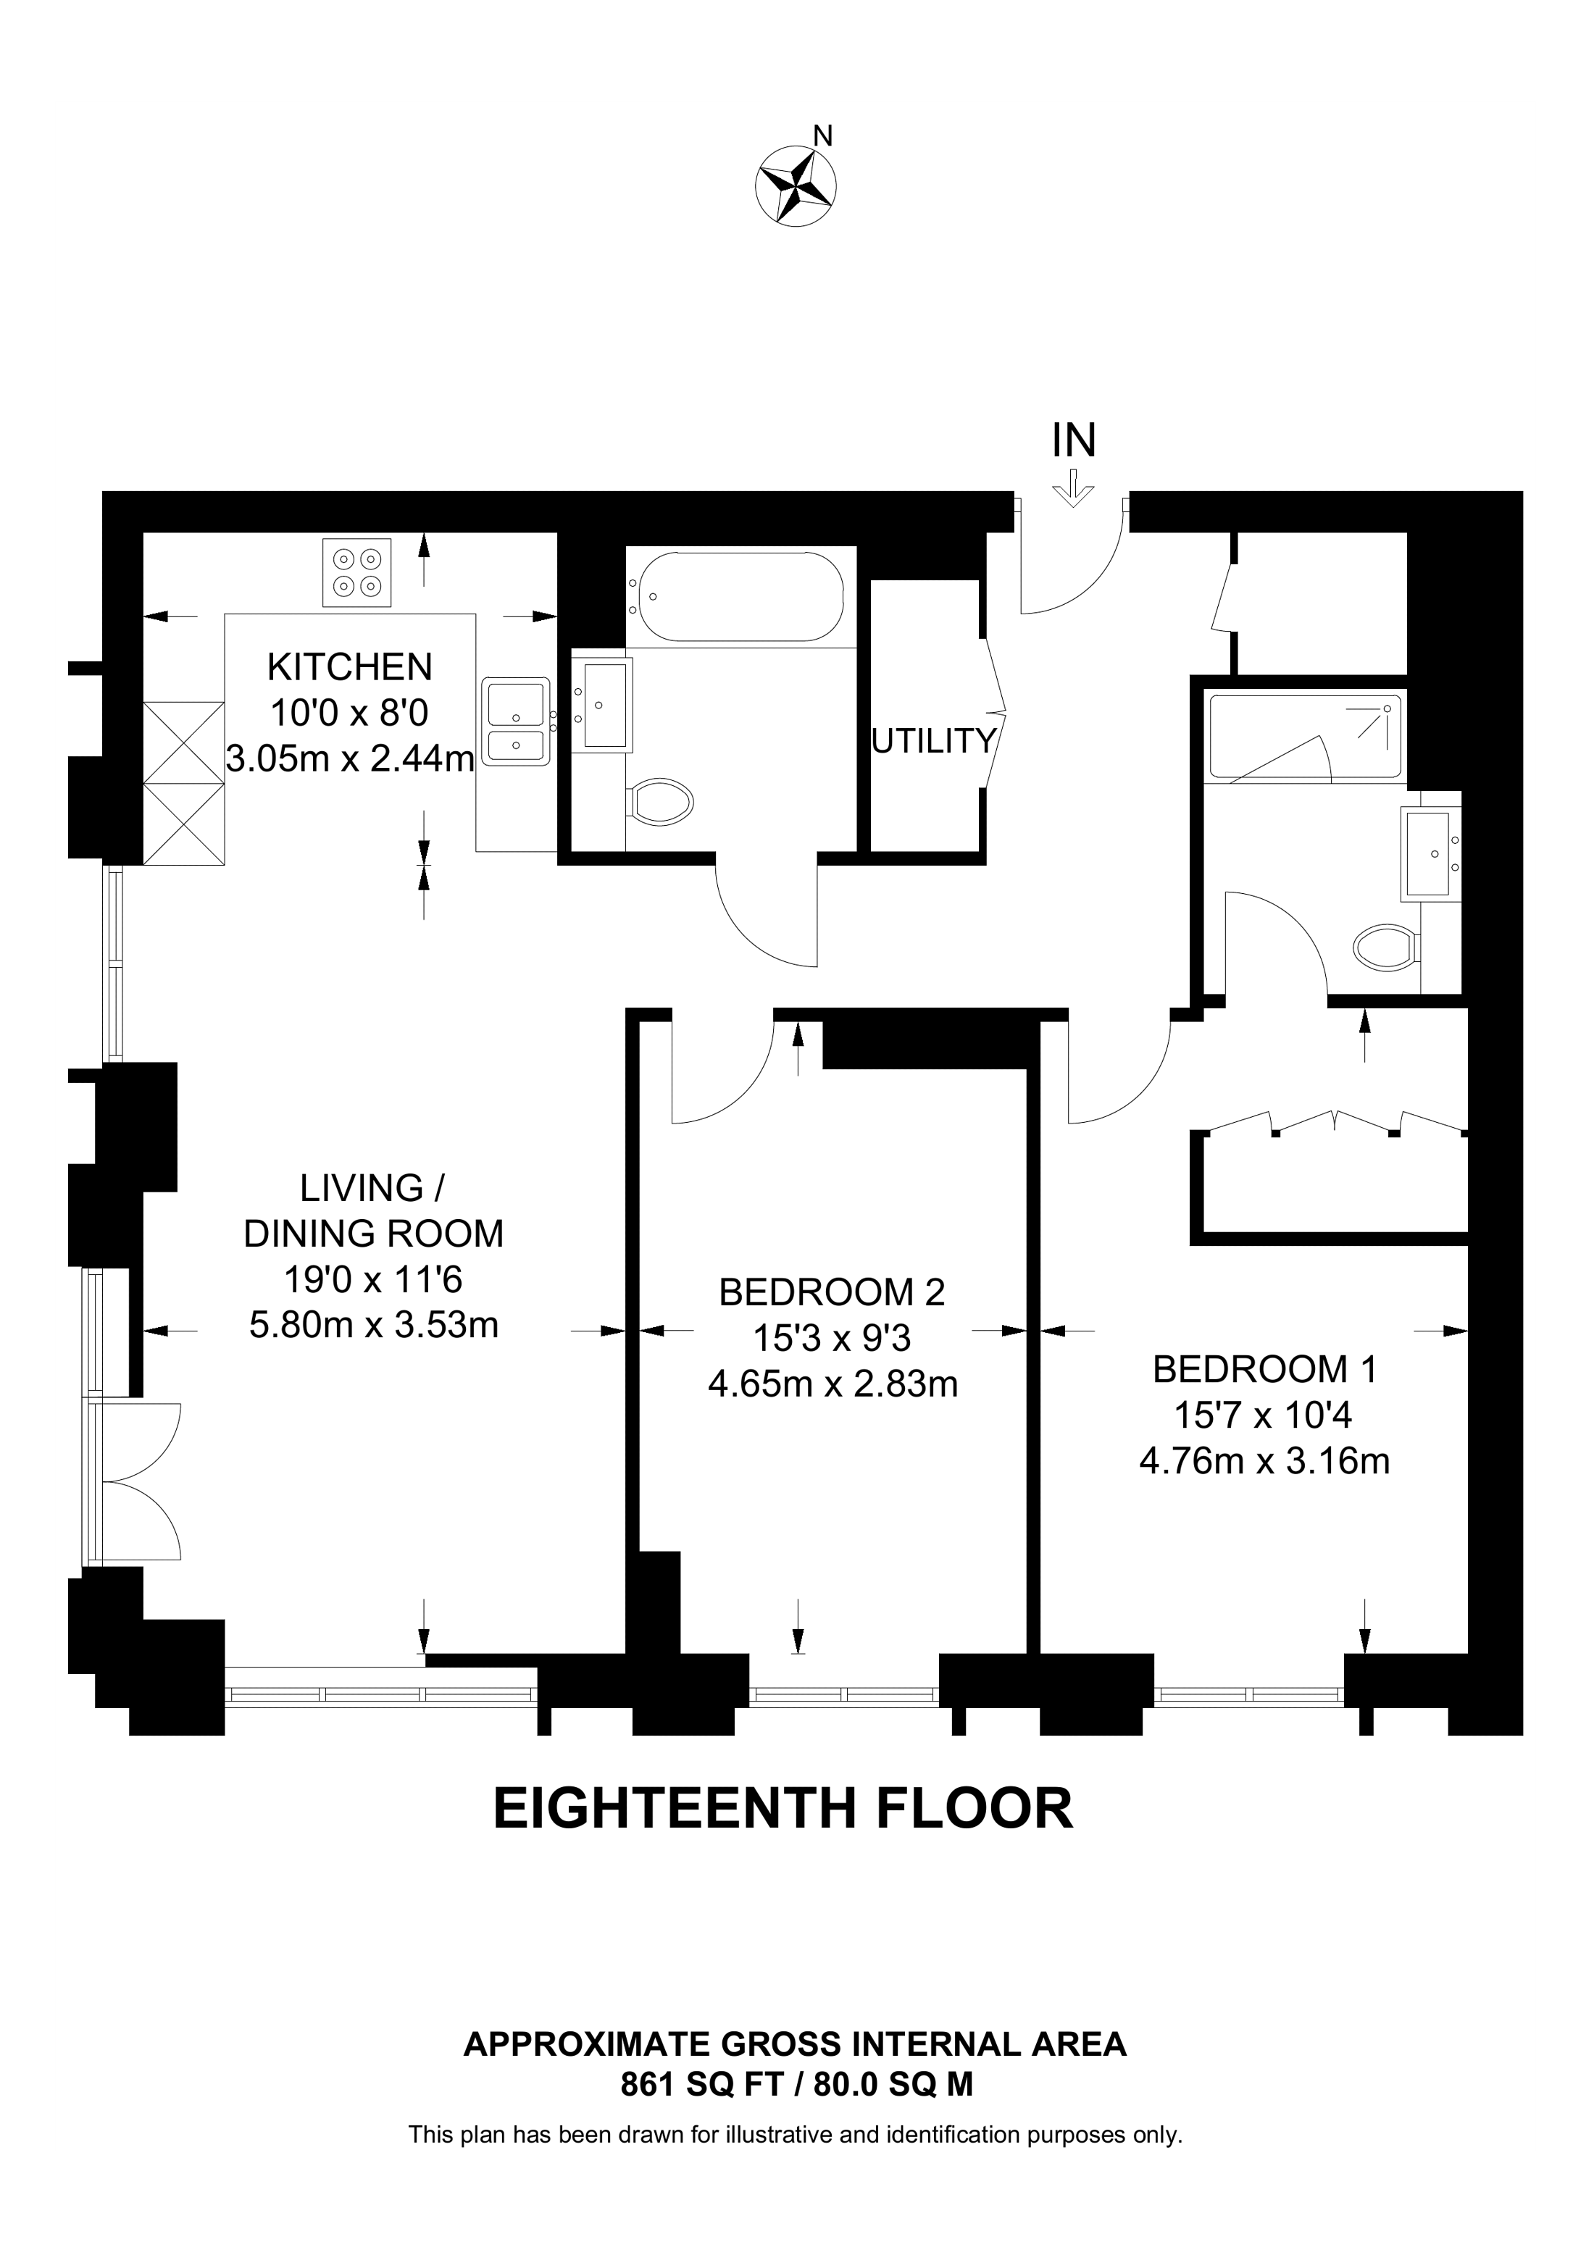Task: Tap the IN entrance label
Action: click(1074, 441)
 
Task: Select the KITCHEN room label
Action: click(350, 667)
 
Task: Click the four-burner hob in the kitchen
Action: click(356, 572)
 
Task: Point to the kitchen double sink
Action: click(516, 720)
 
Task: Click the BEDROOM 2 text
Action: click(832, 1292)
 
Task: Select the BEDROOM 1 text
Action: click(1265, 1368)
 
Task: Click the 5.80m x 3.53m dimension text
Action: click(374, 1325)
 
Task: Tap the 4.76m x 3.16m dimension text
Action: click(1265, 1461)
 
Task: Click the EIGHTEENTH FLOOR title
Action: click(783, 1809)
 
